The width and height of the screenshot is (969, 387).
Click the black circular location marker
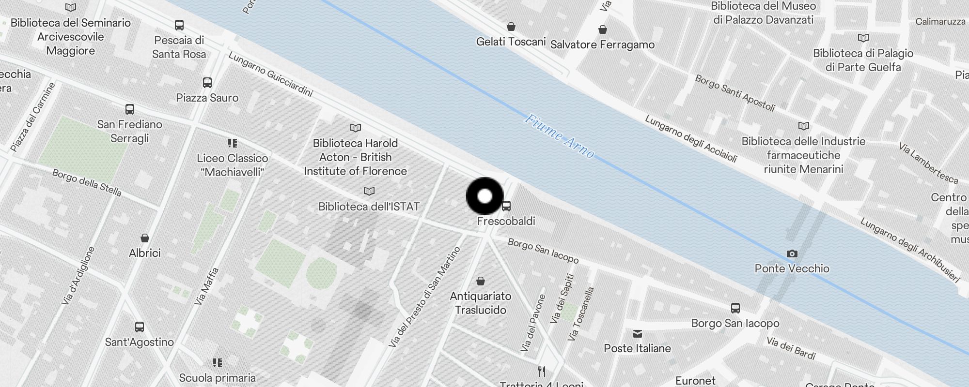[485, 196]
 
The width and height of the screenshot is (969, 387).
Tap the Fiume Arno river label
[560, 136]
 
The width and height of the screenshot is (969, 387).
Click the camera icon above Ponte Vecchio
[792, 253]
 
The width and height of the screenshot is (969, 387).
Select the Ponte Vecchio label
[792, 268]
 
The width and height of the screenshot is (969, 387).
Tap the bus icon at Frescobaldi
[506, 206]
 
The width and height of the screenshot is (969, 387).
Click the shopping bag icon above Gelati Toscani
[511, 27]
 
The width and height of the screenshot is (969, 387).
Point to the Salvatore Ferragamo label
[602, 45]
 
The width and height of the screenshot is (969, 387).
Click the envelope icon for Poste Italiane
[637, 334]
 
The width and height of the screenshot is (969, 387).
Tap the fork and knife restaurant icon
[542, 372]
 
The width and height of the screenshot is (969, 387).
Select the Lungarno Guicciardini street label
[270, 74]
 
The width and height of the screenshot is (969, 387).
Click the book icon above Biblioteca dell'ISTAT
[369, 192]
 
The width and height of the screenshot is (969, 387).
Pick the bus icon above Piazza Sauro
[207, 83]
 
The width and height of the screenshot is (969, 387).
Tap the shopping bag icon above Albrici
[144, 238]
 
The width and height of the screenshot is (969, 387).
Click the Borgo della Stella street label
[87, 182]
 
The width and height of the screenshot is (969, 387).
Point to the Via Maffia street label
[206, 286]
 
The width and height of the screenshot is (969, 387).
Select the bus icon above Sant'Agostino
[140, 327]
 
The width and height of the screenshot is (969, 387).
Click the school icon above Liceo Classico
[233, 143]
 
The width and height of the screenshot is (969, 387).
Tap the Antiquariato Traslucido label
[480, 303]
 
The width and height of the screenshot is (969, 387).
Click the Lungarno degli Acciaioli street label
[691, 138]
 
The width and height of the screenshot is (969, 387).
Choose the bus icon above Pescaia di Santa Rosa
[179, 25]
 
